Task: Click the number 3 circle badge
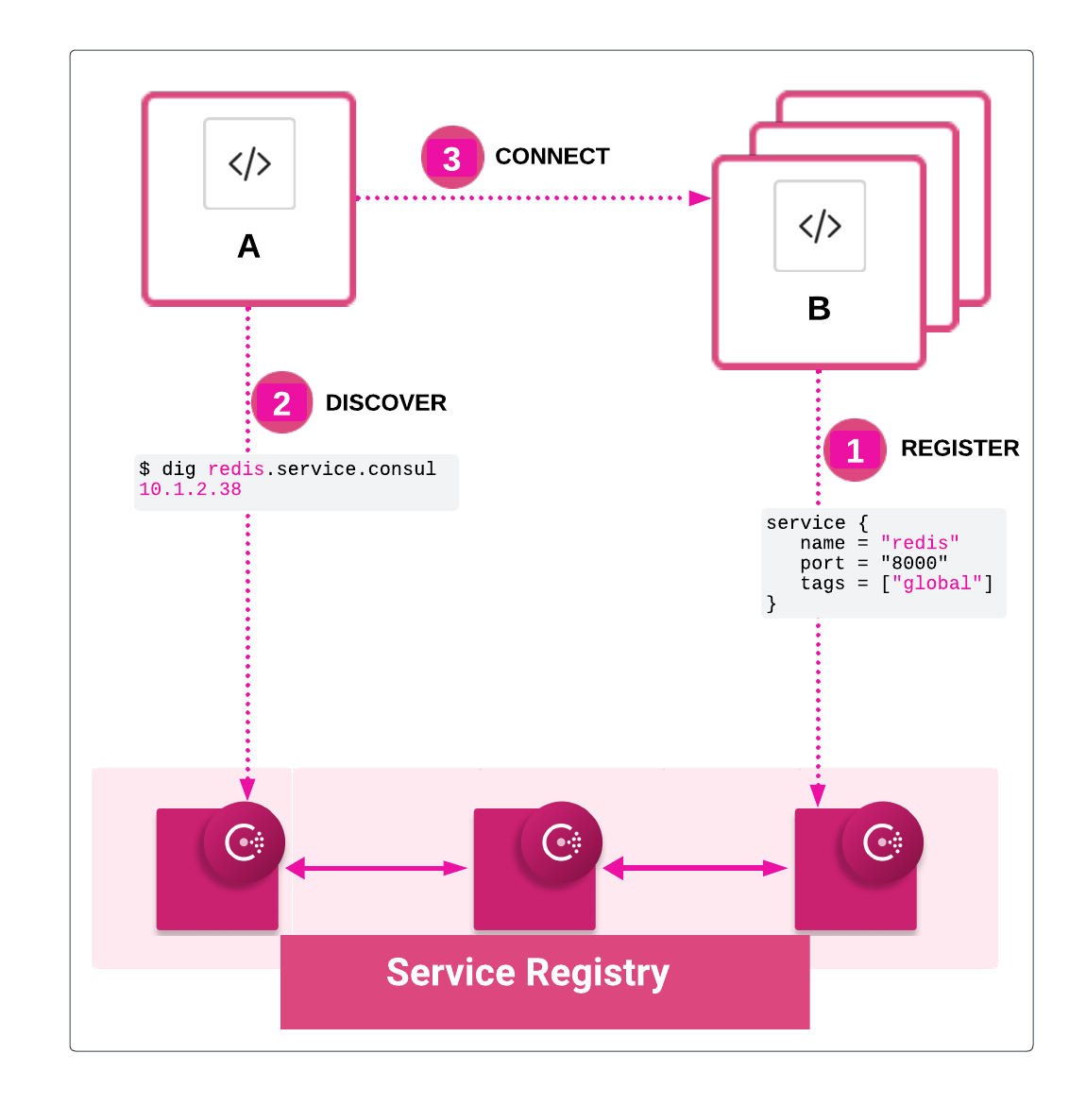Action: tap(451, 158)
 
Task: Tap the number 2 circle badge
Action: tap(281, 403)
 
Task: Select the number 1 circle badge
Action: tap(855, 450)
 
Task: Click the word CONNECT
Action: tap(552, 157)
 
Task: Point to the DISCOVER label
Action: tap(385, 403)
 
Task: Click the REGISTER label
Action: tap(959, 449)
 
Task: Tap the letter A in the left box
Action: tap(248, 246)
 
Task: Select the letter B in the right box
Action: tap(819, 309)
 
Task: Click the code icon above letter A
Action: tap(249, 163)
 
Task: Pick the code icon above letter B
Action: tap(820, 226)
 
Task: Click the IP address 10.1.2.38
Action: tap(190, 489)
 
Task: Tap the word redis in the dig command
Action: tap(236, 469)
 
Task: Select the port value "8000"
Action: tap(914, 563)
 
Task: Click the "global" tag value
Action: tap(937, 584)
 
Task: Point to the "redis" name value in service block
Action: tap(920, 543)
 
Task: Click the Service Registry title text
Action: tap(528, 973)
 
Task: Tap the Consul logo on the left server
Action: tap(244, 841)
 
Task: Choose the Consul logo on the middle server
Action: tap(561, 841)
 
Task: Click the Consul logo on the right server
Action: tap(882, 841)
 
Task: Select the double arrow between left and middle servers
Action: tap(376, 869)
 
